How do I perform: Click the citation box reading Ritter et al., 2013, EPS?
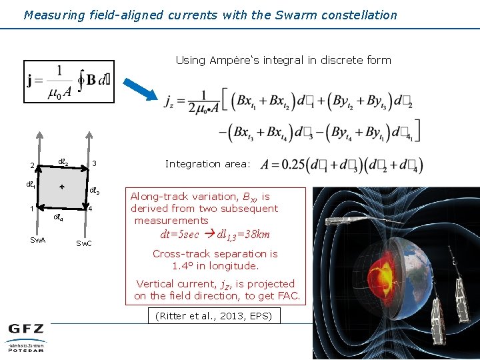point(213,315)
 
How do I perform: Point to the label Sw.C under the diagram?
point(84,243)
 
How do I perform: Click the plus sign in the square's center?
point(61,186)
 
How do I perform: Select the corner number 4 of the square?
point(89,208)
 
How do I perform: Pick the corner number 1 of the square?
point(31,208)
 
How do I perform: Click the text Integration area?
point(207,163)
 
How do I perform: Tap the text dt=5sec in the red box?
point(179,234)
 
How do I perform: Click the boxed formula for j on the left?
point(69,82)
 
